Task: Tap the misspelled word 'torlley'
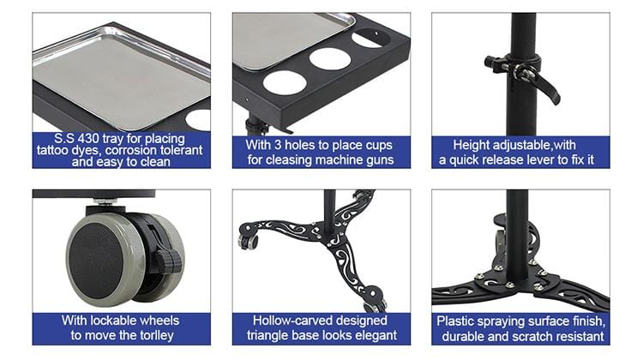(x=151, y=335)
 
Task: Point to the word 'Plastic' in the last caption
(x=457, y=321)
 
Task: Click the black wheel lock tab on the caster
(x=166, y=257)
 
